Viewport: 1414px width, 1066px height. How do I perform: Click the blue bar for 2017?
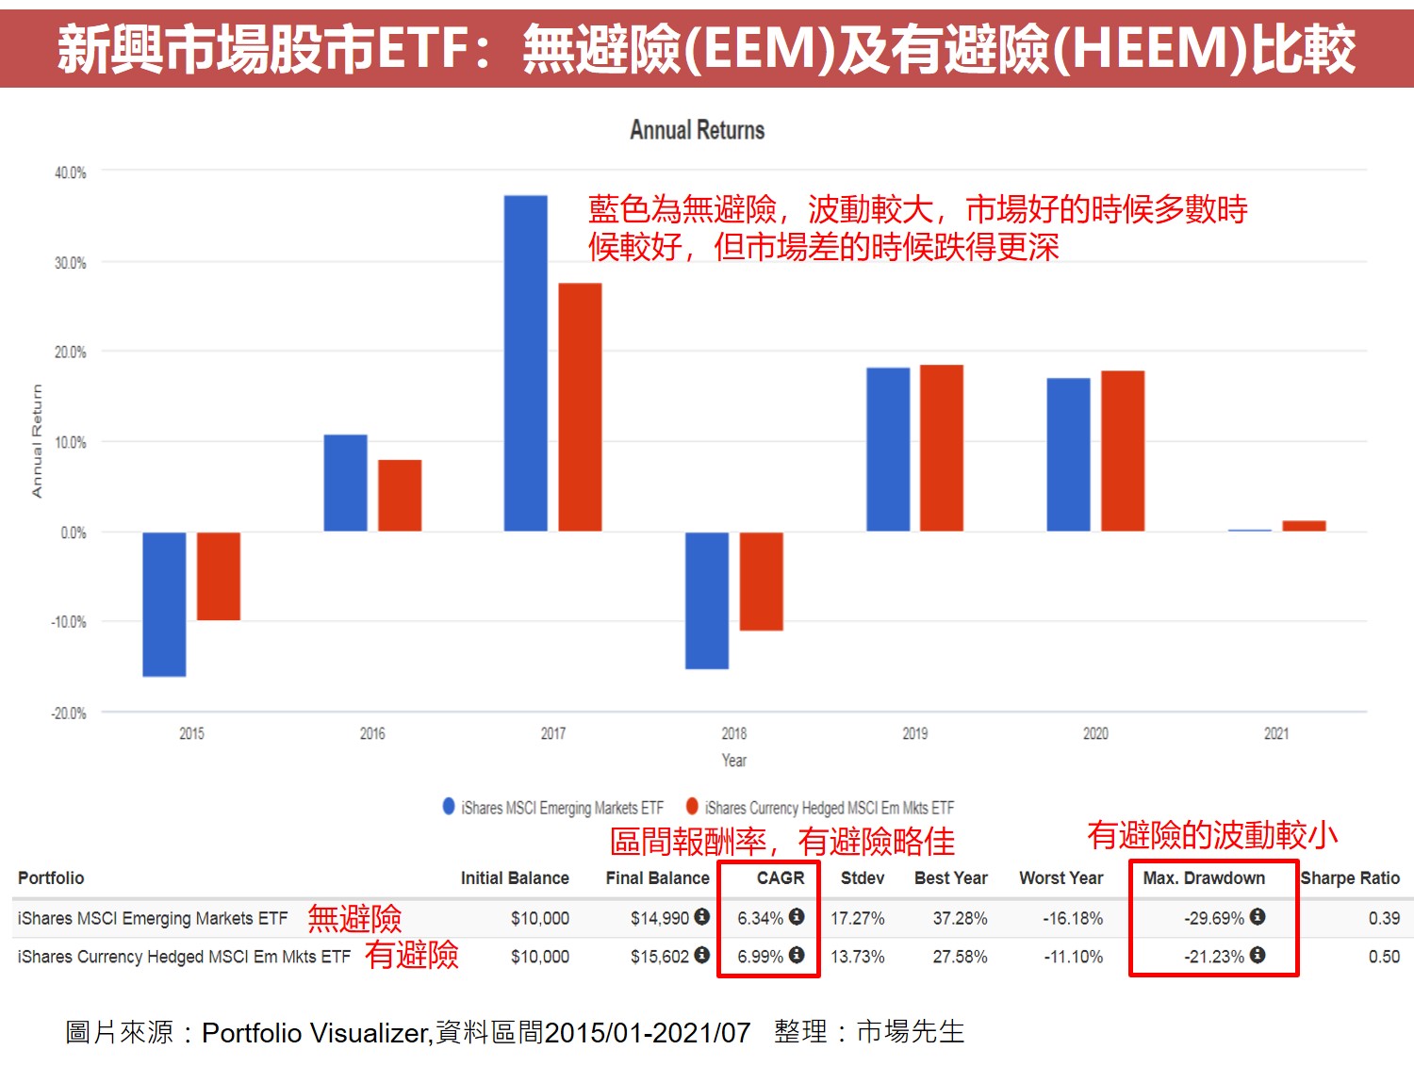525,363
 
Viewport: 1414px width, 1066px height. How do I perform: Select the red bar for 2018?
761,581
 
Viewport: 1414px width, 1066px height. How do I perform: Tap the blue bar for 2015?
164,604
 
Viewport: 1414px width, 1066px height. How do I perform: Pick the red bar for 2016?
400,495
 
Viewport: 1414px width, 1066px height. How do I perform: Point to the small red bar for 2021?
1304,526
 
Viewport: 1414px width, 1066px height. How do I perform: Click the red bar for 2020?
1123,451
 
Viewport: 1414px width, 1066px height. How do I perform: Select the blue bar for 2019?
888,449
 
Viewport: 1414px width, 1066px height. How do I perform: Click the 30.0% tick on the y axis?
70,263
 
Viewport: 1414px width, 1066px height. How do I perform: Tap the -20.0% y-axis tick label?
68,713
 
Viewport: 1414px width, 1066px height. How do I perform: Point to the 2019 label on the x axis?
914,733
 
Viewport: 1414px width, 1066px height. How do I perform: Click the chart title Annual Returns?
697,130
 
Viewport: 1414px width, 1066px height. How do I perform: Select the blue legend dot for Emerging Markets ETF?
449,806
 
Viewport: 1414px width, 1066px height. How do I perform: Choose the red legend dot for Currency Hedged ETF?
692,806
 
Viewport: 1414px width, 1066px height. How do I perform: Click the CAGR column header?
781,878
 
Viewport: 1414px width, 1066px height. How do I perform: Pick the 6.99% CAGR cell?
760,957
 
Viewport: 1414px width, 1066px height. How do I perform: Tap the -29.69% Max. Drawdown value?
1214,918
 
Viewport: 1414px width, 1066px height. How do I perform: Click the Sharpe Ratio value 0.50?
1384,957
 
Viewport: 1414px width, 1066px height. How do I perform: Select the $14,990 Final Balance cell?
660,918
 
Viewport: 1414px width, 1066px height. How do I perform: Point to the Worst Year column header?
1060,878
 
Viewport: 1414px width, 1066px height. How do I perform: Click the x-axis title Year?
733,761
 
